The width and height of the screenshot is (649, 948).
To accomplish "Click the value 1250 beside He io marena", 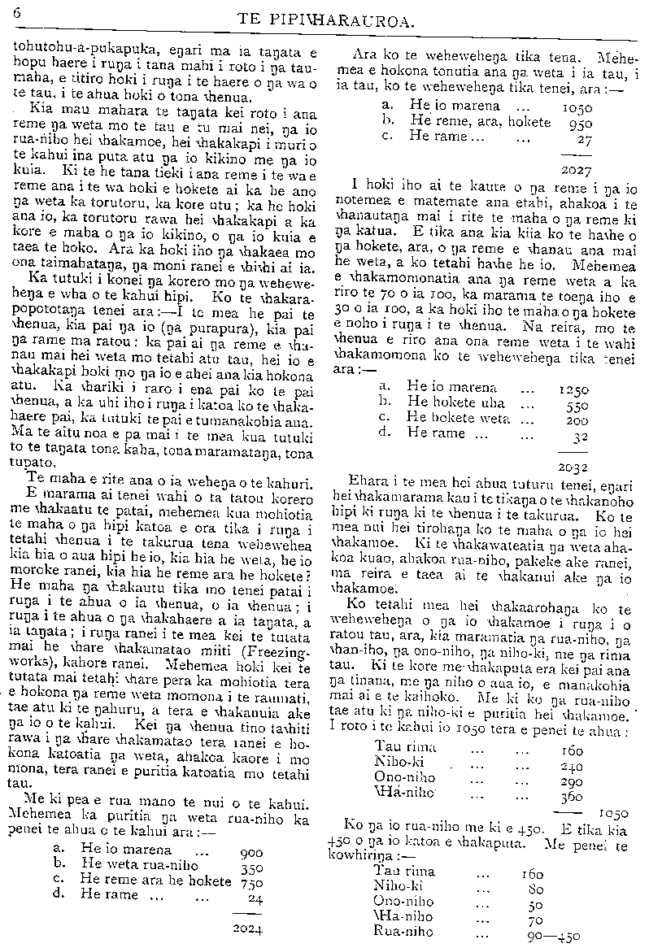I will (x=575, y=390).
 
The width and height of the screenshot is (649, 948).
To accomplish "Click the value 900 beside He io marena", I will (x=253, y=853).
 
